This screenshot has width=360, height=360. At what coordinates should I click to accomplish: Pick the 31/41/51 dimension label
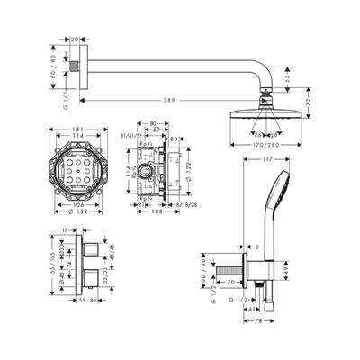[x=134, y=136]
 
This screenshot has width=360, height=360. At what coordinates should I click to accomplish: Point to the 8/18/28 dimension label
[x=186, y=205]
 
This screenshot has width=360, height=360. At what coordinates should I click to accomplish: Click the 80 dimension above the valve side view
[x=154, y=124]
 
